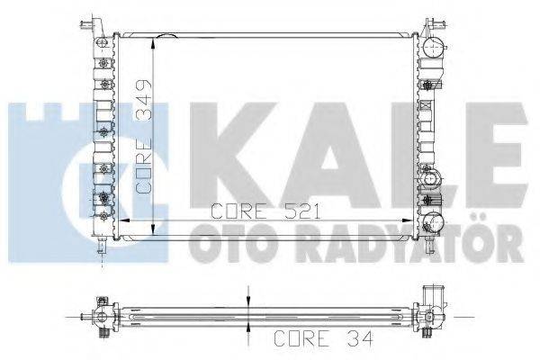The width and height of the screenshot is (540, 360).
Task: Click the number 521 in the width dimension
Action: (x=298, y=213)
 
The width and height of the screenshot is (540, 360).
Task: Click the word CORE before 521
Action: (x=239, y=213)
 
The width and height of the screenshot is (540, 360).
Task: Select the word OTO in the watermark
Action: (x=226, y=242)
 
